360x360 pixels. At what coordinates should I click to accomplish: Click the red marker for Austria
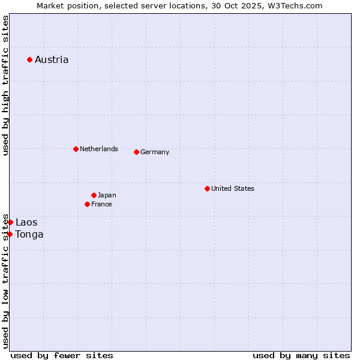(x=29, y=59)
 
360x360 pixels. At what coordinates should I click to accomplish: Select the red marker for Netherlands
(x=76, y=149)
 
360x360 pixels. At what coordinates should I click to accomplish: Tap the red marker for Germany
(x=136, y=152)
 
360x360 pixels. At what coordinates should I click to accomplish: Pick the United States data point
(x=207, y=188)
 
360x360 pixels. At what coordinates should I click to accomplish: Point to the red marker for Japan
(x=94, y=195)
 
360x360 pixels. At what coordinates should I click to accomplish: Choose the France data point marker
(x=87, y=204)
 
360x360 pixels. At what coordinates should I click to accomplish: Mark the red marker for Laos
(x=10, y=222)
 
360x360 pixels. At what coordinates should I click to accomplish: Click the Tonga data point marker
(x=10, y=234)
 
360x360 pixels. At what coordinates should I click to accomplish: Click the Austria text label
(x=52, y=59)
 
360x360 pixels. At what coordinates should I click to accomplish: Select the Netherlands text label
(x=99, y=149)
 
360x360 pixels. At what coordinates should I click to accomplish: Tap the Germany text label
(x=155, y=152)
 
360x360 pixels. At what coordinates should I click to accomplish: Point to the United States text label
(x=233, y=188)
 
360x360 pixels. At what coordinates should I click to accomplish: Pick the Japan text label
(x=107, y=195)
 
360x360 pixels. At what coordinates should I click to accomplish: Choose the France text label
(x=101, y=204)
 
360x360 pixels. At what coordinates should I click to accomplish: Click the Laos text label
(x=26, y=222)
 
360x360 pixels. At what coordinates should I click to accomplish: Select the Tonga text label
(x=29, y=234)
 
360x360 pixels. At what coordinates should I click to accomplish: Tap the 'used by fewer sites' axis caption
(x=62, y=355)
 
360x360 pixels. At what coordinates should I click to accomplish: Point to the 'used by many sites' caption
(x=301, y=355)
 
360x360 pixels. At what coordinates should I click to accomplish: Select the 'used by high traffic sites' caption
(x=5, y=85)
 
